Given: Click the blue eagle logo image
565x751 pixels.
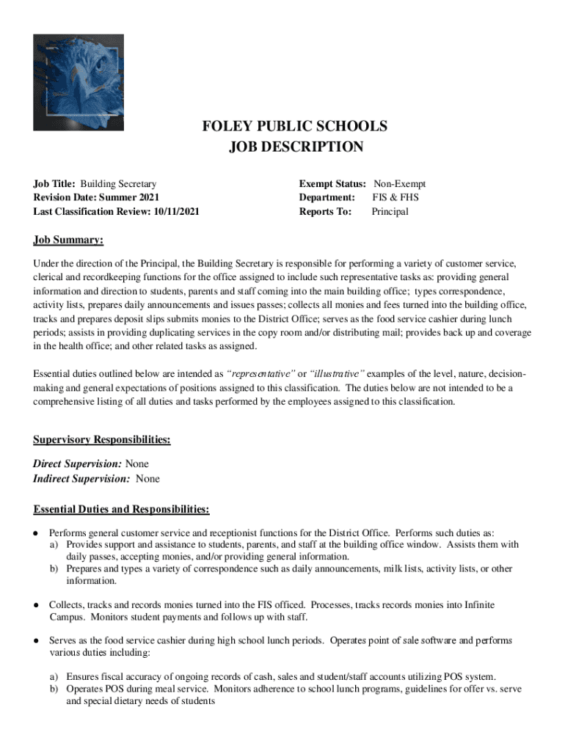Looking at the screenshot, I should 79,82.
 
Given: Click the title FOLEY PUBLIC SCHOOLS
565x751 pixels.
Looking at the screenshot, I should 295,126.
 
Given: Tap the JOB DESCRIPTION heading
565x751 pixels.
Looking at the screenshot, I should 295,147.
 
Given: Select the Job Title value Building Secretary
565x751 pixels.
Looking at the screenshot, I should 118,184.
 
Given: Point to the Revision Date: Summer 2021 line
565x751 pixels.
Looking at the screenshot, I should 96,198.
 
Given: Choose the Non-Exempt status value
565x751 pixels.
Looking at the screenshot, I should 399,184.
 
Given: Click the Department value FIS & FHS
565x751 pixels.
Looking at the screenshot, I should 395,198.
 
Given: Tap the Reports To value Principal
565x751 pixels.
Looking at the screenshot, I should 390,212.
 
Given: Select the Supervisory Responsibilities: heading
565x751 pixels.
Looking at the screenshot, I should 102,440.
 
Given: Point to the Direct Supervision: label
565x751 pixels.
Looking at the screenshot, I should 78,464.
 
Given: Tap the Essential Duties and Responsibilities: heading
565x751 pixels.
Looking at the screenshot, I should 121,509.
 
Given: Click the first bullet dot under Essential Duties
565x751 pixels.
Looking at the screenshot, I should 36,532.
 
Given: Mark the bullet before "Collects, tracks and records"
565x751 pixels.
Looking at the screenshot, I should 36,605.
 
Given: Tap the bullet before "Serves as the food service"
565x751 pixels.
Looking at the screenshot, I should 36,641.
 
